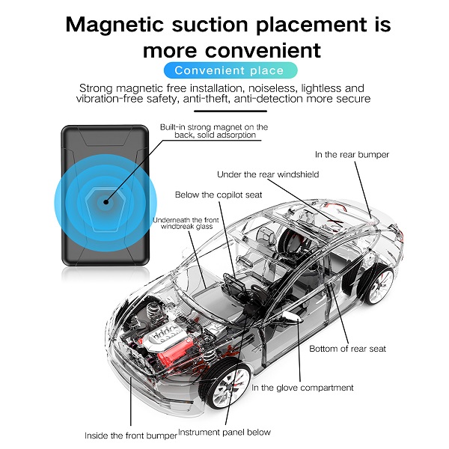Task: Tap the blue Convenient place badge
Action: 229,71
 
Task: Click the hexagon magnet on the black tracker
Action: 106,201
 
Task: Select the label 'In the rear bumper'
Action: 352,155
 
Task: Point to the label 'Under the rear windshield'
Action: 268,174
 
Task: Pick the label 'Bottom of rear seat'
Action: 348,349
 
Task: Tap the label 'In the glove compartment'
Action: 302,388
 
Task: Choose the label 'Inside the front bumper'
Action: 130,434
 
